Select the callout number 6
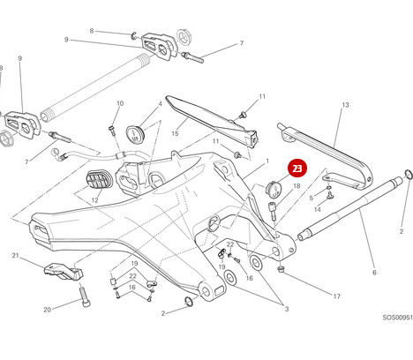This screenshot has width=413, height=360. (373, 272)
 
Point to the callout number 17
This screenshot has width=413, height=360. (336, 296)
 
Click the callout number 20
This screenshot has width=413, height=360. (48, 309)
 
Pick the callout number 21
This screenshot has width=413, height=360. (15, 256)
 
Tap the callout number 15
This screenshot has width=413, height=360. (175, 134)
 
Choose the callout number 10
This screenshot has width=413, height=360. (120, 104)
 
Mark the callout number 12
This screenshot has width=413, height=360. (94, 200)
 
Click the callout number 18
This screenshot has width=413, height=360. (297, 187)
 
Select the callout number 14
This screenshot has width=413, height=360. (318, 210)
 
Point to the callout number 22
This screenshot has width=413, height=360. (230, 244)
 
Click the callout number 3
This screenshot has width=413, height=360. (286, 308)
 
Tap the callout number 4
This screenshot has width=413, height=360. (160, 104)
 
